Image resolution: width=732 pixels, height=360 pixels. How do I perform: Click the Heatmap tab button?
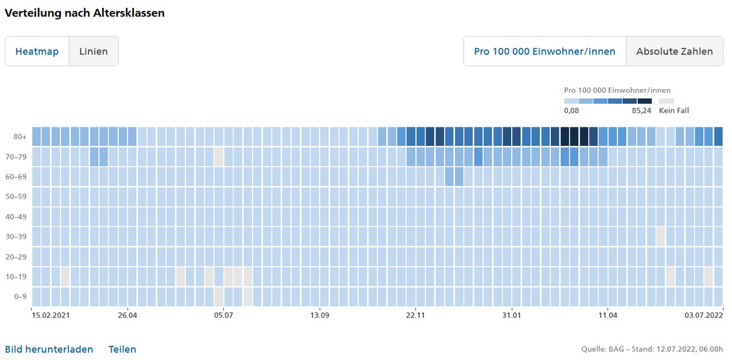pyautogui.click(x=37, y=51)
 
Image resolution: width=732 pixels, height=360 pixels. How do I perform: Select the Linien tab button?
pyautogui.click(x=93, y=51)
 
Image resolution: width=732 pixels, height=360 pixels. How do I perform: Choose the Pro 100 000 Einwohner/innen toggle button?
pyautogui.click(x=544, y=51)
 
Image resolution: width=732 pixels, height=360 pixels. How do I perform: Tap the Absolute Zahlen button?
pyautogui.click(x=674, y=51)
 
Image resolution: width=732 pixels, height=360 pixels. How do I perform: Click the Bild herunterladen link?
pyautogui.click(x=49, y=350)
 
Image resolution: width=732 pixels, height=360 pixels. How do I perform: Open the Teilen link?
pyautogui.click(x=122, y=350)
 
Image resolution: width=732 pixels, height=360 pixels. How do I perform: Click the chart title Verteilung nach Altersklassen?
pyautogui.click(x=85, y=13)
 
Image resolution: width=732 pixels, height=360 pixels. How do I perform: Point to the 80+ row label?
pyautogui.click(x=20, y=137)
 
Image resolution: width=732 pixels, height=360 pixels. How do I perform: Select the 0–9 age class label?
pyautogui.click(x=20, y=297)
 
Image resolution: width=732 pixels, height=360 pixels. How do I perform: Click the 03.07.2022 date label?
pyautogui.click(x=703, y=315)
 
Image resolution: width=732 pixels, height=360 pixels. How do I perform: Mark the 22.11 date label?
pyautogui.click(x=415, y=315)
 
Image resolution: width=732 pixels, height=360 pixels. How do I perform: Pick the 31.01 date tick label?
pyautogui.click(x=511, y=315)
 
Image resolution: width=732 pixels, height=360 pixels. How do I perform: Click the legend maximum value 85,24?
pyautogui.click(x=641, y=110)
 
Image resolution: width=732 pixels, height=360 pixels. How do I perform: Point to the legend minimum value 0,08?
pyautogui.click(x=572, y=110)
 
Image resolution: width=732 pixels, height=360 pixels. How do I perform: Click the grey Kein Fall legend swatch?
pyautogui.click(x=667, y=101)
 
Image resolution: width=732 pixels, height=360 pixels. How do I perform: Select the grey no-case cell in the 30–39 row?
pyautogui.click(x=661, y=237)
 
